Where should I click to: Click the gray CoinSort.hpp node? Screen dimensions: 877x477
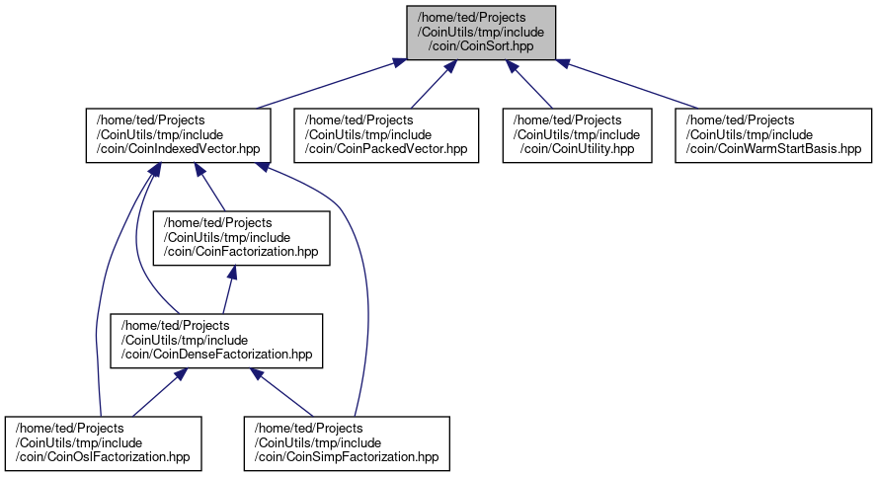(481, 33)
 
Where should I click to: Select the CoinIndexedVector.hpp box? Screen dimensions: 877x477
(179, 135)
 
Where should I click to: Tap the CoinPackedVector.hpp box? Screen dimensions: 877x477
(386, 135)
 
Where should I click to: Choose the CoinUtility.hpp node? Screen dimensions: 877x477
(577, 135)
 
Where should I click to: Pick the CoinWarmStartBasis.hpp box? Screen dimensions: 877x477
(773, 135)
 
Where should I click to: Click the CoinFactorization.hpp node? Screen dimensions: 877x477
(242, 238)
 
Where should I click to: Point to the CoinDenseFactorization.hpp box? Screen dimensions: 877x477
(216, 341)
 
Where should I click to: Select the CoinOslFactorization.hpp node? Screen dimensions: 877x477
(103, 443)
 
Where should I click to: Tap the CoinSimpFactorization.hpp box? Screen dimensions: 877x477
(347, 443)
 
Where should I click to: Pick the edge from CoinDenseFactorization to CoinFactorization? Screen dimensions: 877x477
(229, 289)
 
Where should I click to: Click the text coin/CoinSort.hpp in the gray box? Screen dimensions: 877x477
(481, 46)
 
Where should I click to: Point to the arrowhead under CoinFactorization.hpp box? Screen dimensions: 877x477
(232, 273)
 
